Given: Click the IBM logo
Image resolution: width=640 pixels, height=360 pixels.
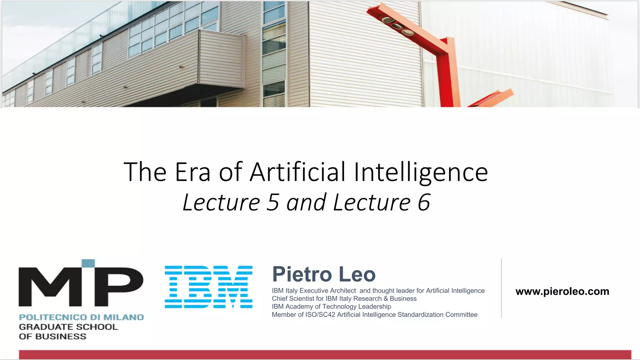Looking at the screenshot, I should point(208,287).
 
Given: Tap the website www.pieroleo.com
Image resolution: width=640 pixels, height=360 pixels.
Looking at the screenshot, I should point(562,291).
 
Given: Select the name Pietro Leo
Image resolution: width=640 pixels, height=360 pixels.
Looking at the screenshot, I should point(324,274).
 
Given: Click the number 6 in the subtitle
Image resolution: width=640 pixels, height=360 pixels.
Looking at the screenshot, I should point(424,202).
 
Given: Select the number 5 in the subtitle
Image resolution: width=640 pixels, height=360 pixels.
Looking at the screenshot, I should point(272,202).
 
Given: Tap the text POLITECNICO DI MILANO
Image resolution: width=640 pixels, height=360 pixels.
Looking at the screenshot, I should point(81,317).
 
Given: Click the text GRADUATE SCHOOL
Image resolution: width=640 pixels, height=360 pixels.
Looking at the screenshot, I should point(68,327).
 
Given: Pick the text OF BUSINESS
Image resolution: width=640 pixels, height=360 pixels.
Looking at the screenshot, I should point(52,337).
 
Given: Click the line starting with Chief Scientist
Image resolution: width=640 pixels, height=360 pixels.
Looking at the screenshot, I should point(344,298).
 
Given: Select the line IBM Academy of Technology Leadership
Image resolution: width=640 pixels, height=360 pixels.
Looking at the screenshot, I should point(331,307).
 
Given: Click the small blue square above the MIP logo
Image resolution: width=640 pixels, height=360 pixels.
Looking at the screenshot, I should point(88,263).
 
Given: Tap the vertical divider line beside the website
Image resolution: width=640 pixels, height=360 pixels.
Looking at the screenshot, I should point(501,288).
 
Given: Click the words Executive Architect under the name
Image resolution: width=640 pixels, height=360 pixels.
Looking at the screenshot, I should point(327,291).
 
